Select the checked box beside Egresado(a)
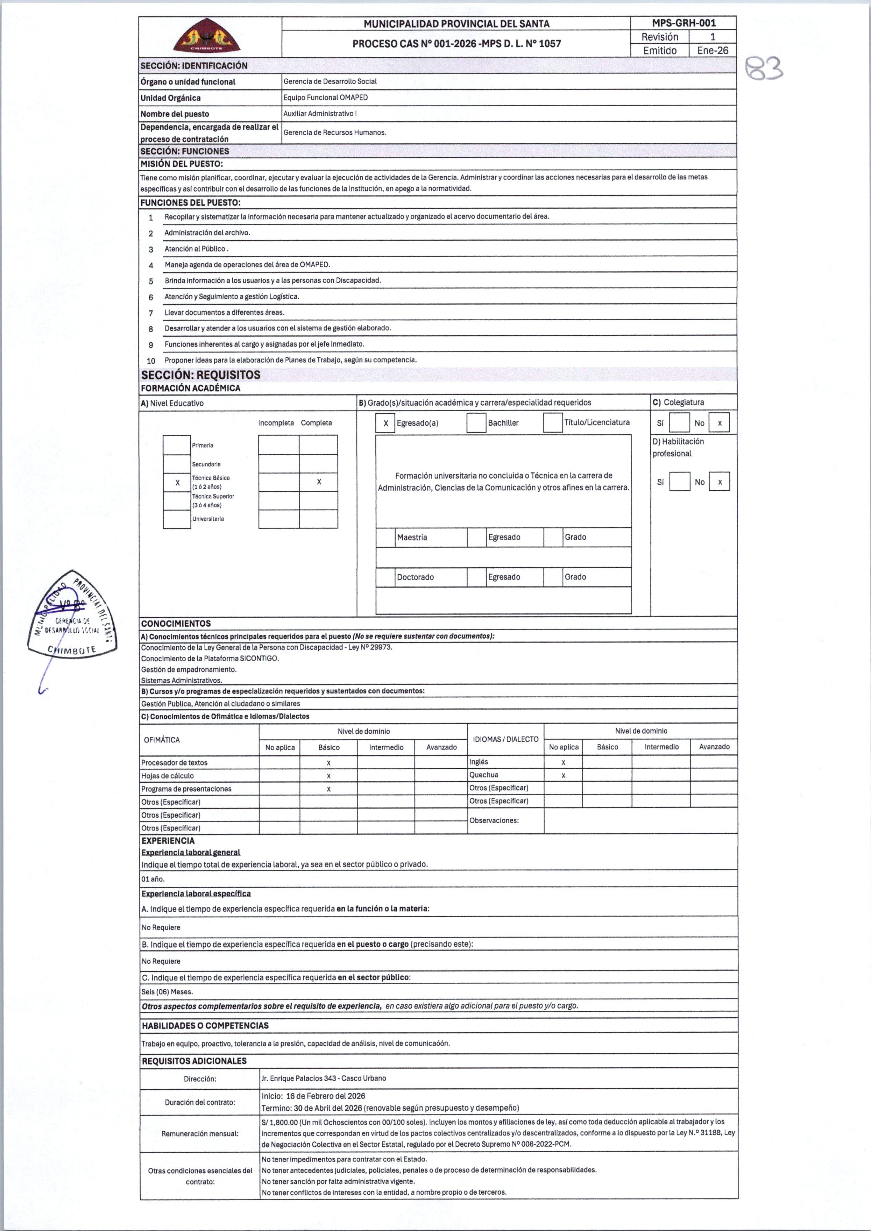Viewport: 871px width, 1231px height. (x=385, y=423)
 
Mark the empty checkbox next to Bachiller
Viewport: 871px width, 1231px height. (x=476, y=423)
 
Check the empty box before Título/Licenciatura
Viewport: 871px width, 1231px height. (x=552, y=423)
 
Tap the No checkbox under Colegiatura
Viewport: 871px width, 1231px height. (x=719, y=423)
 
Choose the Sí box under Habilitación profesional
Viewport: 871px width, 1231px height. (x=680, y=482)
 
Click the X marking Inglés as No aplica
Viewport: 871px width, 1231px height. (x=563, y=762)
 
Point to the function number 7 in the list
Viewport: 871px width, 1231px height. (x=151, y=313)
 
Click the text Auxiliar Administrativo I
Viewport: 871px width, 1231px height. (x=320, y=114)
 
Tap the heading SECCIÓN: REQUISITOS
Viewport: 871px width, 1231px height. (x=200, y=375)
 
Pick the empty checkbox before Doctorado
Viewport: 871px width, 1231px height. (x=385, y=577)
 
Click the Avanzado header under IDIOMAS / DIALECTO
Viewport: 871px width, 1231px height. (x=714, y=747)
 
